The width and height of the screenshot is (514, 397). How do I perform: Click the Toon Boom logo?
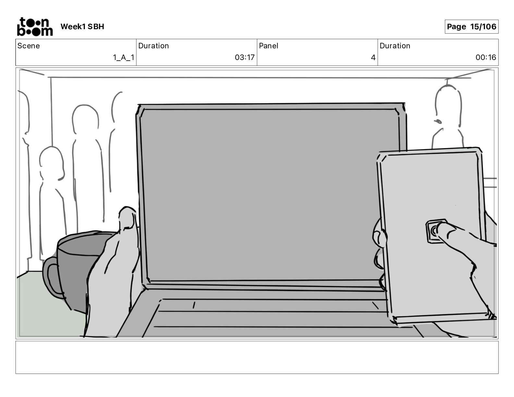click(35, 27)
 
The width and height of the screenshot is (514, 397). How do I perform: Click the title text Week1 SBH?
click(82, 27)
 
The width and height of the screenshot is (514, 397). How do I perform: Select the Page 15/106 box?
click(471, 27)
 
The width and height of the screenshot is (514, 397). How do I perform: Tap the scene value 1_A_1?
click(123, 58)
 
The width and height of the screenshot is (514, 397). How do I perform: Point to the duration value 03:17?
click(245, 58)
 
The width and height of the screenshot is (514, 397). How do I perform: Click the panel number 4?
click(373, 58)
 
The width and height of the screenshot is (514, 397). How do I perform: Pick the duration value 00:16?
click(486, 58)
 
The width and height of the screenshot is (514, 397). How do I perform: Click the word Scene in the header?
click(29, 46)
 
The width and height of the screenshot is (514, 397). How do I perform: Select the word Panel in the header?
click(268, 46)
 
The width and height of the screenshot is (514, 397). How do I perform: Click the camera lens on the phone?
click(434, 231)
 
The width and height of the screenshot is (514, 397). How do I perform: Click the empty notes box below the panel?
click(257, 357)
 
